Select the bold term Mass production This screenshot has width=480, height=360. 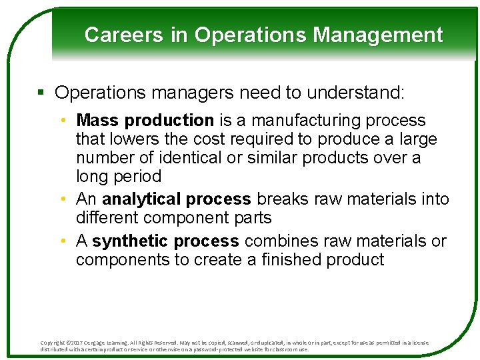(x=145, y=121)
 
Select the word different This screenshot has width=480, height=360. (x=107, y=218)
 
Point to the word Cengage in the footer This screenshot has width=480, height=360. (x=103, y=343)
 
